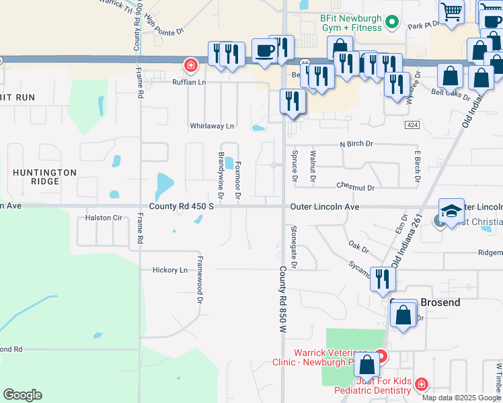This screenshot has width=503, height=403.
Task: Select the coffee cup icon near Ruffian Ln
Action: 265,50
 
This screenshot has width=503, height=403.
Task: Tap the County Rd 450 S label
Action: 182,206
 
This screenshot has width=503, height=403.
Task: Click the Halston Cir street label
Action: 104,218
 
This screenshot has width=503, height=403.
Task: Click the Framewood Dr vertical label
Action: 200,278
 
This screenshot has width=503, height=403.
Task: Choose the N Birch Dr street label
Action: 356,144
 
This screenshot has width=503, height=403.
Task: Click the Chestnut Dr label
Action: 355,187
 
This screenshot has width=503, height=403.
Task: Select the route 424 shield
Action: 412,126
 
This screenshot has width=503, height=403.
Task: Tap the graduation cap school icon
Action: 451,210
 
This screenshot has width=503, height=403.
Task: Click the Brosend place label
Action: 440,302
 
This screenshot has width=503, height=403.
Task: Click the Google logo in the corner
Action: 22,395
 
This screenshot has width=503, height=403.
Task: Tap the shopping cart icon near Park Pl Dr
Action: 451,11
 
